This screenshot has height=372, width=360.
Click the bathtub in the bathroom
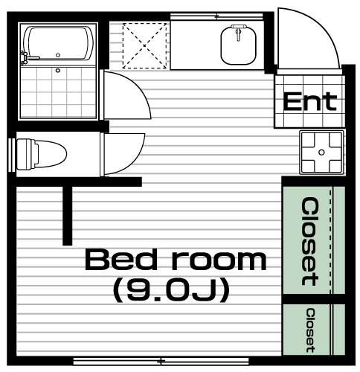(58, 44)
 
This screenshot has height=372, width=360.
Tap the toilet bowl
(51, 154)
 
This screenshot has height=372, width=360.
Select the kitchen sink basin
(238, 45)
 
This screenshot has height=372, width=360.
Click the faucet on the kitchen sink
(239, 32)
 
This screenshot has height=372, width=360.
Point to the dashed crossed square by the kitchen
(145, 46)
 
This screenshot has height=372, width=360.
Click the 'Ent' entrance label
(310, 101)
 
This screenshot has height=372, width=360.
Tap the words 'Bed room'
(176, 260)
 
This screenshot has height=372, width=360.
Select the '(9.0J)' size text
(171, 290)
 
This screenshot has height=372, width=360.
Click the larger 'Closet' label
(310, 241)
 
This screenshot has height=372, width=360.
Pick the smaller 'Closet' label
(310, 330)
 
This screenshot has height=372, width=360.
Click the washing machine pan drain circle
(321, 153)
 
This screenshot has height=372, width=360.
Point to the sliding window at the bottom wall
(161, 361)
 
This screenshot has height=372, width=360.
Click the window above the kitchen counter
(216, 16)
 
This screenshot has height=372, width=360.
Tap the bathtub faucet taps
(25, 58)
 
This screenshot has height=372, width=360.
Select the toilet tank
(25, 154)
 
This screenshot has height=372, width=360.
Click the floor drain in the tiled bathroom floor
(58, 71)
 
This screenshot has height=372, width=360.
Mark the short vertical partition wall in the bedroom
(68, 216)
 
